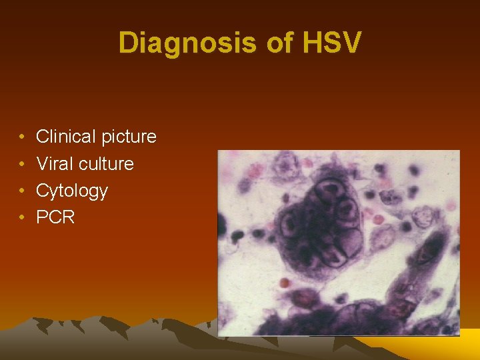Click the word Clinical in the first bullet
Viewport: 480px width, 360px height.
[x=66, y=137]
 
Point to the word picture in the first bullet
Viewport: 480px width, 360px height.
[x=129, y=137]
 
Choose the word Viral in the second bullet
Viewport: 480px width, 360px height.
[x=57, y=164]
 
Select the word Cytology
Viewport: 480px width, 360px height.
[x=71, y=191]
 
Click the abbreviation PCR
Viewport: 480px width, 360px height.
[x=55, y=217]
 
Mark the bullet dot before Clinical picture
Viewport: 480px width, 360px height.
[x=22, y=137]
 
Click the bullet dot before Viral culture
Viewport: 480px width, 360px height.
[x=22, y=164]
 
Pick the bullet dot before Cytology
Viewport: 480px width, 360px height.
[x=22, y=191]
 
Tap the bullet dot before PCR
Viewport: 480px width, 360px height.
[x=22, y=217]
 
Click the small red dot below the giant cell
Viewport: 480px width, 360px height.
[x=286, y=283]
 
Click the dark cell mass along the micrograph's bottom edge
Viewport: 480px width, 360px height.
[x=333, y=320]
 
